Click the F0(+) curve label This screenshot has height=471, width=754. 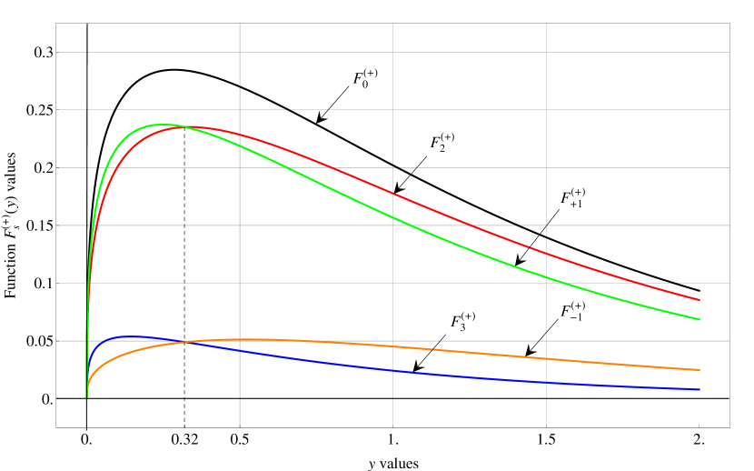coord(365,78)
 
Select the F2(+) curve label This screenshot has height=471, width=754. coord(442,142)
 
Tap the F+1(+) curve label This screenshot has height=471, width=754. coord(572,198)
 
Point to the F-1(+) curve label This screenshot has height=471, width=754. coord(572,311)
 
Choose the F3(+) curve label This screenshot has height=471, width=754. coord(463,321)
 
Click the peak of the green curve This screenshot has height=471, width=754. coord(162,124)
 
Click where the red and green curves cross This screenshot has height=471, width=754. coord(184,126)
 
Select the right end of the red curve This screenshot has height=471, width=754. coord(699,300)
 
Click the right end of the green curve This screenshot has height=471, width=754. coord(699,319)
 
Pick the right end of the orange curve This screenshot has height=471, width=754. coord(699,370)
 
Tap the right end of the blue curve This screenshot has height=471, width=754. coord(699,389)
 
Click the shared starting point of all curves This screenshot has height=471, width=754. coord(86,398)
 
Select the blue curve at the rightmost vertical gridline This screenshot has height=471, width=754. coord(546,382)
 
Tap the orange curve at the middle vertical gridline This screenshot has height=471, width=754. coord(393,346)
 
